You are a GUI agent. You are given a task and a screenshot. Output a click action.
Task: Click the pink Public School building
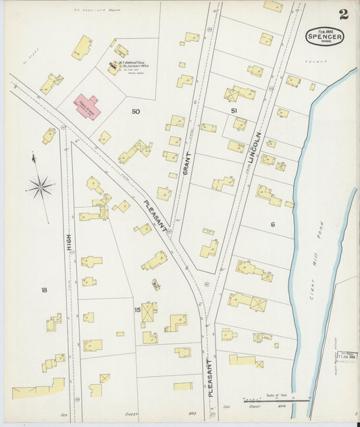point(87,106)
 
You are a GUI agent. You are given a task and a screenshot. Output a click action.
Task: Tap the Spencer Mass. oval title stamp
point(324,36)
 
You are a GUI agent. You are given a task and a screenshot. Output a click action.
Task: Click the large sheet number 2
point(344,14)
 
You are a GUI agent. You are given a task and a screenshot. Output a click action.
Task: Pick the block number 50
point(136,111)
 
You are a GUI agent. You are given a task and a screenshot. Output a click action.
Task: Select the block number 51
point(234,110)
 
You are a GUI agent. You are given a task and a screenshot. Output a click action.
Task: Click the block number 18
point(44,290)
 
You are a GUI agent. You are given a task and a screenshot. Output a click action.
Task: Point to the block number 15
point(137,310)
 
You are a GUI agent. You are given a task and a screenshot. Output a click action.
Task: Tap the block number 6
point(273,224)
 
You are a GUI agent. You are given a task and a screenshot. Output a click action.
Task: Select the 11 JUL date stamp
point(349,356)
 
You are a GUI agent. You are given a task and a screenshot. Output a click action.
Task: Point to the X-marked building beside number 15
point(148,311)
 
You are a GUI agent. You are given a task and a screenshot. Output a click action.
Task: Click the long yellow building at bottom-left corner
point(38,389)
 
